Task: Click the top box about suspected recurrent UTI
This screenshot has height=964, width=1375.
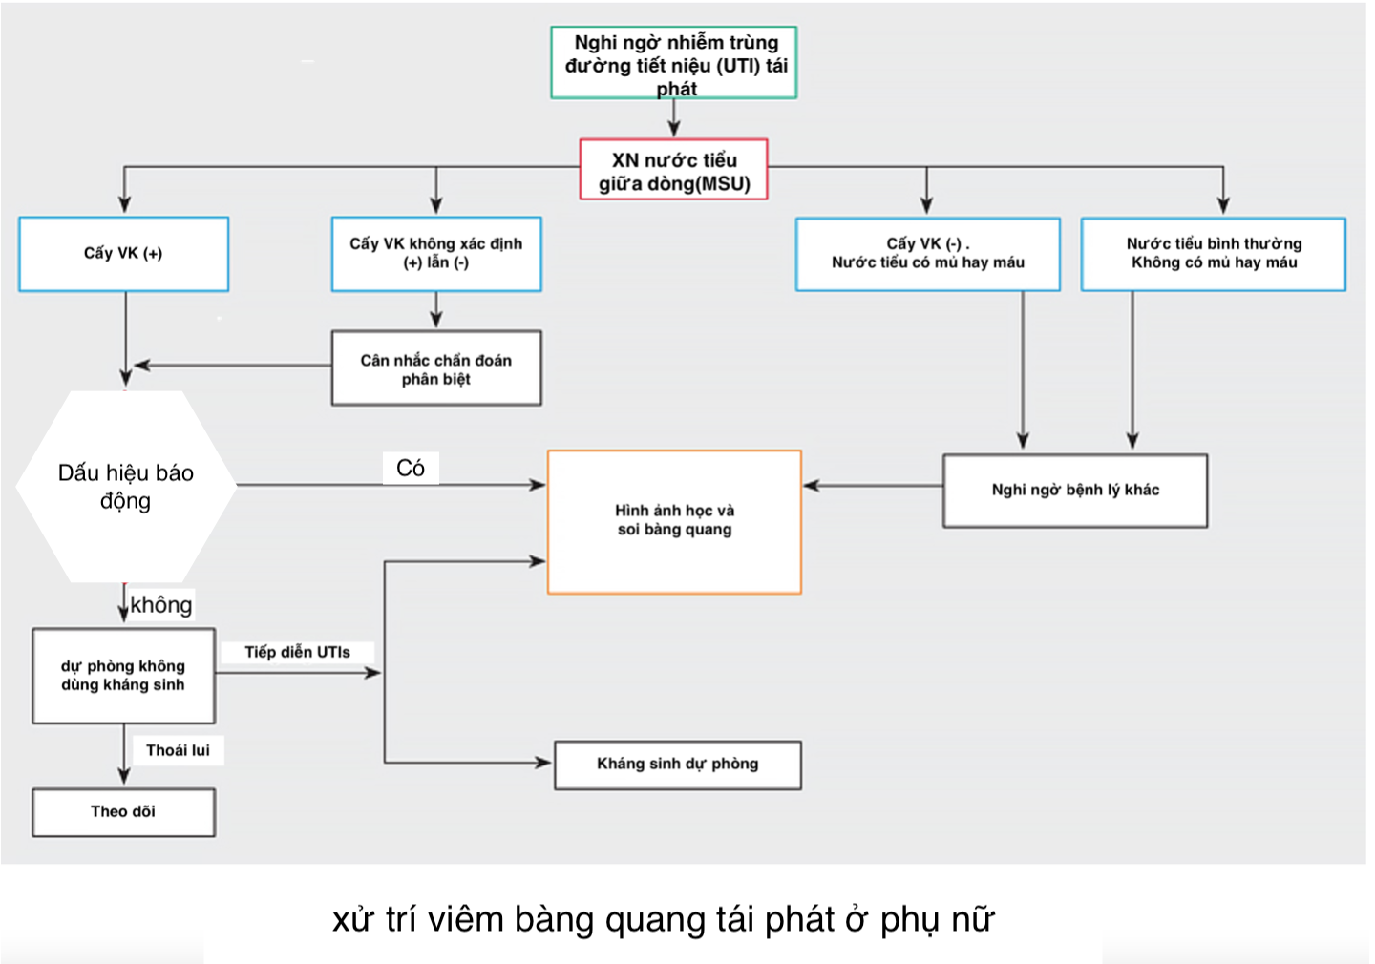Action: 674,63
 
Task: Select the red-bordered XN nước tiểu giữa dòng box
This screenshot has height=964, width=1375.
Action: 674,170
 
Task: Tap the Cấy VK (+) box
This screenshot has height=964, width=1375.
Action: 123,254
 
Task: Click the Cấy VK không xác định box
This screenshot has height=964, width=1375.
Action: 436,254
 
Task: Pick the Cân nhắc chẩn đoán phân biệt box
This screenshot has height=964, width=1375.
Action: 436,368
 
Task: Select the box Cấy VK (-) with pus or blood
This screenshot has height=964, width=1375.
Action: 927,254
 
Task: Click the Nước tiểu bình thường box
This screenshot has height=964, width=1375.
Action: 1213,254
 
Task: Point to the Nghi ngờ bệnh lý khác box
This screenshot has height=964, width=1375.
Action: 1075,491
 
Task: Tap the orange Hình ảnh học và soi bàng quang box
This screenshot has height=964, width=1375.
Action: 674,521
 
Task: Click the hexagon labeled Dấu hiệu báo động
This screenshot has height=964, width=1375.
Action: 126,486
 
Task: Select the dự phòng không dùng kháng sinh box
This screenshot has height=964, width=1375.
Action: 123,676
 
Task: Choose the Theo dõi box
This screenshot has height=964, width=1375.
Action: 123,812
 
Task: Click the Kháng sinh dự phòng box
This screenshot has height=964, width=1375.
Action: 678,765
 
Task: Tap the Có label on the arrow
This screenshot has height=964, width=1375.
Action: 411,468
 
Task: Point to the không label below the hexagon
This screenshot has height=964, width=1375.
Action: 161,605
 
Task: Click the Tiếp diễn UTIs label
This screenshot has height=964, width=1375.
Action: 297,653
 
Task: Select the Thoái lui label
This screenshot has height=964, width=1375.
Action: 178,751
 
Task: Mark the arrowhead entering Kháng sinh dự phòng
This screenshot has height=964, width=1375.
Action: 543,763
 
